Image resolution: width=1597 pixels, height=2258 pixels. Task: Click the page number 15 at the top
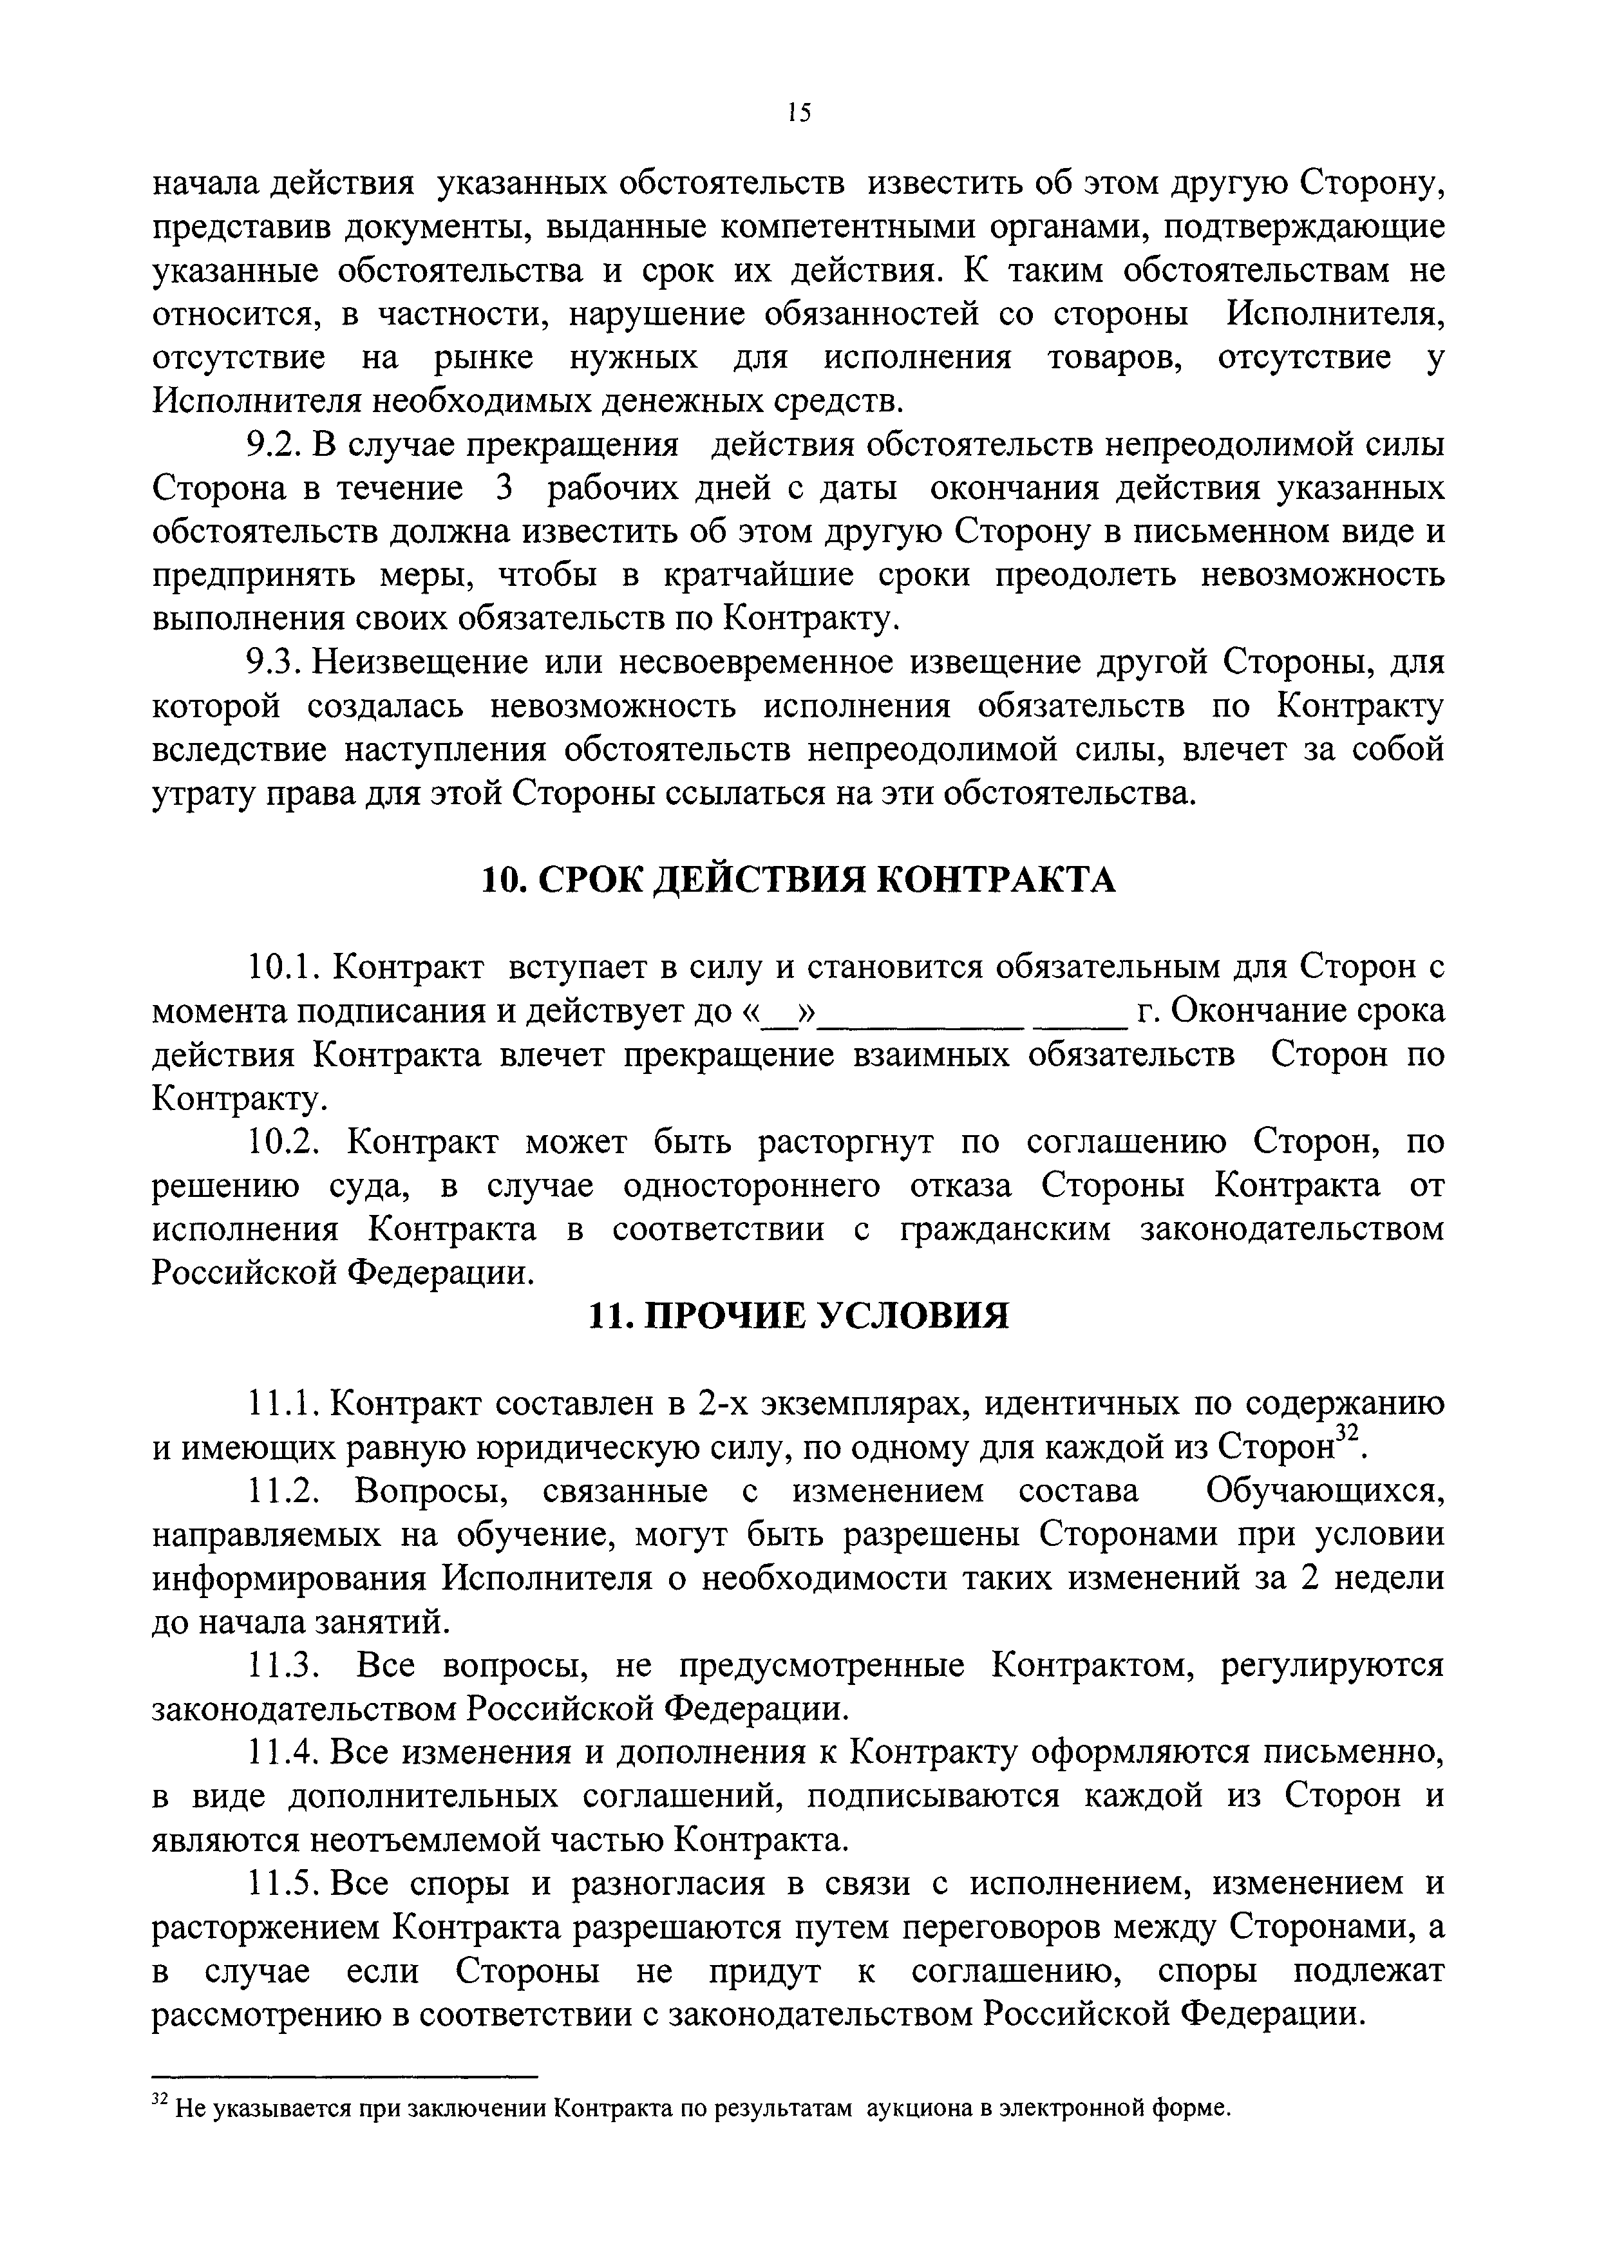[798, 112]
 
